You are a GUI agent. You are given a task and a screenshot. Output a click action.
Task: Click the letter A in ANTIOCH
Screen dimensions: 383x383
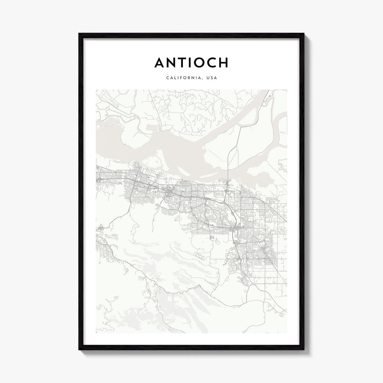(x=160, y=63)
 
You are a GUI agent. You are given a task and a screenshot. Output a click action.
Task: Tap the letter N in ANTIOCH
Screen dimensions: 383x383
(x=173, y=63)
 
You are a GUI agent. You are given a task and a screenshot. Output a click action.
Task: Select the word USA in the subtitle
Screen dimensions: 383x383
(x=212, y=78)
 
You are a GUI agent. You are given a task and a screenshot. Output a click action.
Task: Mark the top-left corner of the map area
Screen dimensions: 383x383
(x=96, y=89)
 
